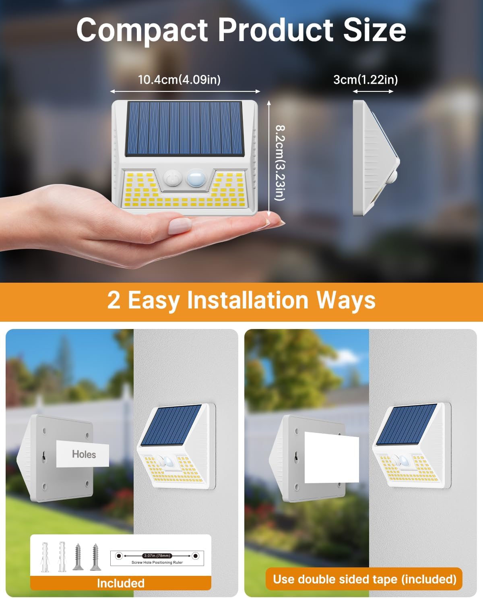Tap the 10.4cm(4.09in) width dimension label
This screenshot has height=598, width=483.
click(x=179, y=79)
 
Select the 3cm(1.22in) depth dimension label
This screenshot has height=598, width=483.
click(x=365, y=79)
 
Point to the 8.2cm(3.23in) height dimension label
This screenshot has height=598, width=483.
click(x=279, y=162)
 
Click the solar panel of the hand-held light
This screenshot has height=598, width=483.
click(x=185, y=129)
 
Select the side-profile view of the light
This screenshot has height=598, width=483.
click(x=375, y=158)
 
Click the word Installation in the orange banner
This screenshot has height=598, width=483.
click(x=248, y=300)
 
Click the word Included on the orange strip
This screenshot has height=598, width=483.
click(x=120, y=583)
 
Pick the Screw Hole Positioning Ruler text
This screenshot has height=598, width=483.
click(x=157, y=563)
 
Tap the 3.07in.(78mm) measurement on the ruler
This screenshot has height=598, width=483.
click(x=157, y=556)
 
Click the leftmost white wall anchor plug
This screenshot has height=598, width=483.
click(x=45, y=557)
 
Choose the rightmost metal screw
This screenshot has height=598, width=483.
click(x=95, y=557)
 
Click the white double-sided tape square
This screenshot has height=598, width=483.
click(x=331, y=457)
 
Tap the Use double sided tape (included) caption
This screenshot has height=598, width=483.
click(x=364, y=579)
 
